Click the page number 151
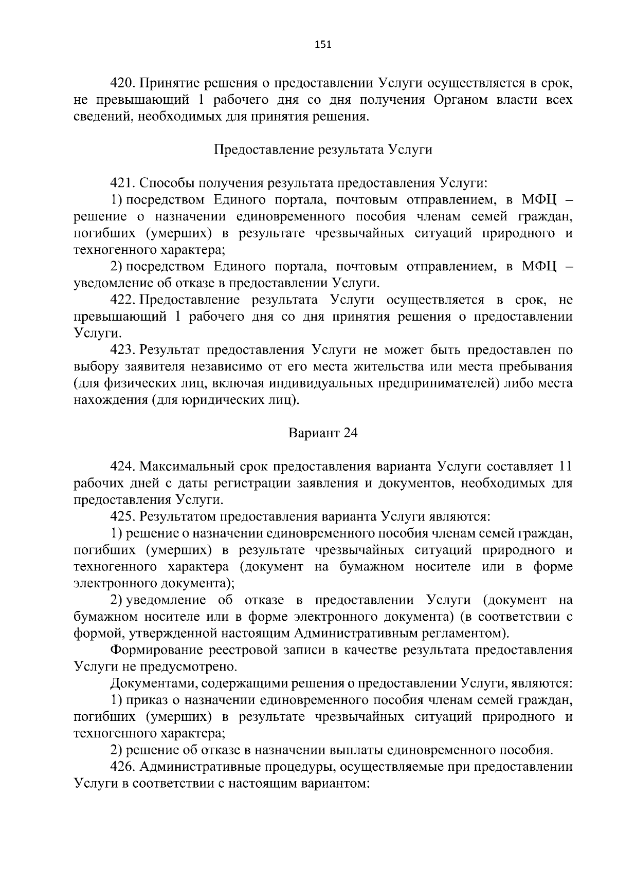[323, 45]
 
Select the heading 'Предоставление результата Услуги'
[323, 150]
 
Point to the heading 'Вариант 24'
[323, 433]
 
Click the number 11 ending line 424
[565, 466]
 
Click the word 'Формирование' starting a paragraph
[155, 650]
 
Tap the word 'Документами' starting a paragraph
[152, 683]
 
